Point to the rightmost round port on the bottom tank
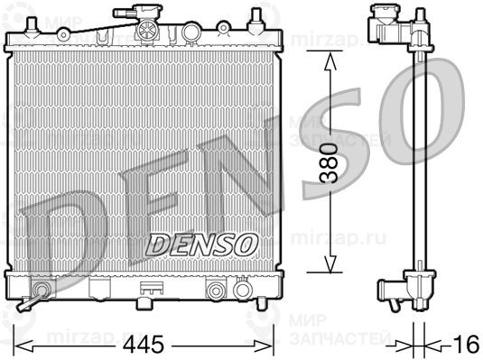click(242, 291)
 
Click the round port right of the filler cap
click(190, 32)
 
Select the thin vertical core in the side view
click(420, 162)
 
